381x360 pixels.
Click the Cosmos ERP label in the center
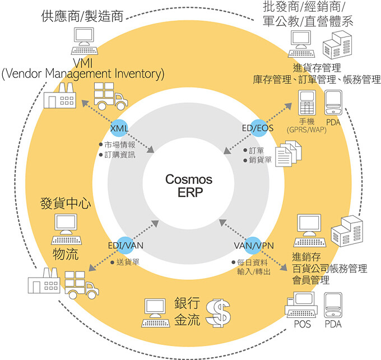[x=189, y=186]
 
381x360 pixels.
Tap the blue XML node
[x=120, y=128]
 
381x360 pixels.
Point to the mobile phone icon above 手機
[x=306, y=103]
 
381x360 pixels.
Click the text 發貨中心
[x=66, y=202]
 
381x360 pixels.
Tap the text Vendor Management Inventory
[x=83, y=73]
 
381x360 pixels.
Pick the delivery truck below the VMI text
[x=109, y=97]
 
